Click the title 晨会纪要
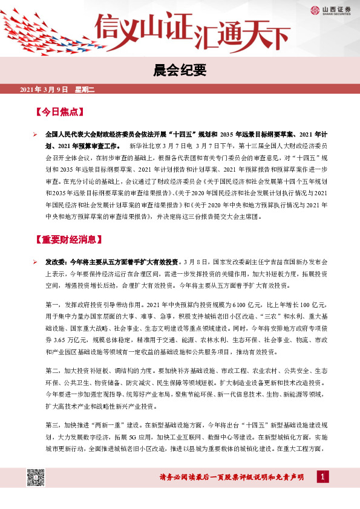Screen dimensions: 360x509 [180, 71]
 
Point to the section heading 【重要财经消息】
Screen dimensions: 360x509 [68, 239]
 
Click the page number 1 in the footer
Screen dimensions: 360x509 [323, 478]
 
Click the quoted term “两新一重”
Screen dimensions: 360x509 [113, 424]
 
